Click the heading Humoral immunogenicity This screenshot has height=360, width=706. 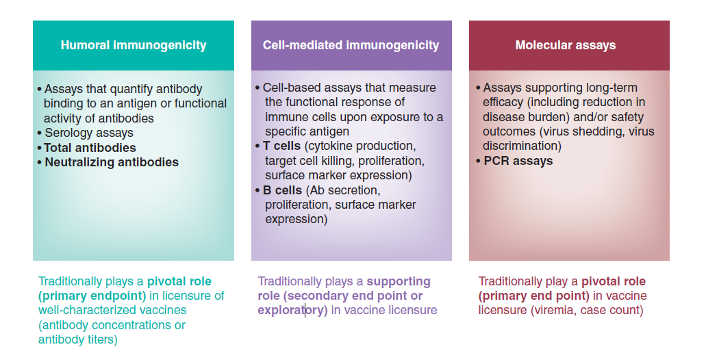(134, 46)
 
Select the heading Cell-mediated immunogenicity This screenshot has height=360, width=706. (351, 46)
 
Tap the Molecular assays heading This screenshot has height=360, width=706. (566, 46)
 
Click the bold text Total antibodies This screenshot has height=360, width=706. (90, 148)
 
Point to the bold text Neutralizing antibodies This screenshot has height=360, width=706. (112, 163)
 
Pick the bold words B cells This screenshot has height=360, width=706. (282, 190)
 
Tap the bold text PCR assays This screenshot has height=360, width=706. (518, 162)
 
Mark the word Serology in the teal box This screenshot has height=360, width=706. (65, 133)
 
